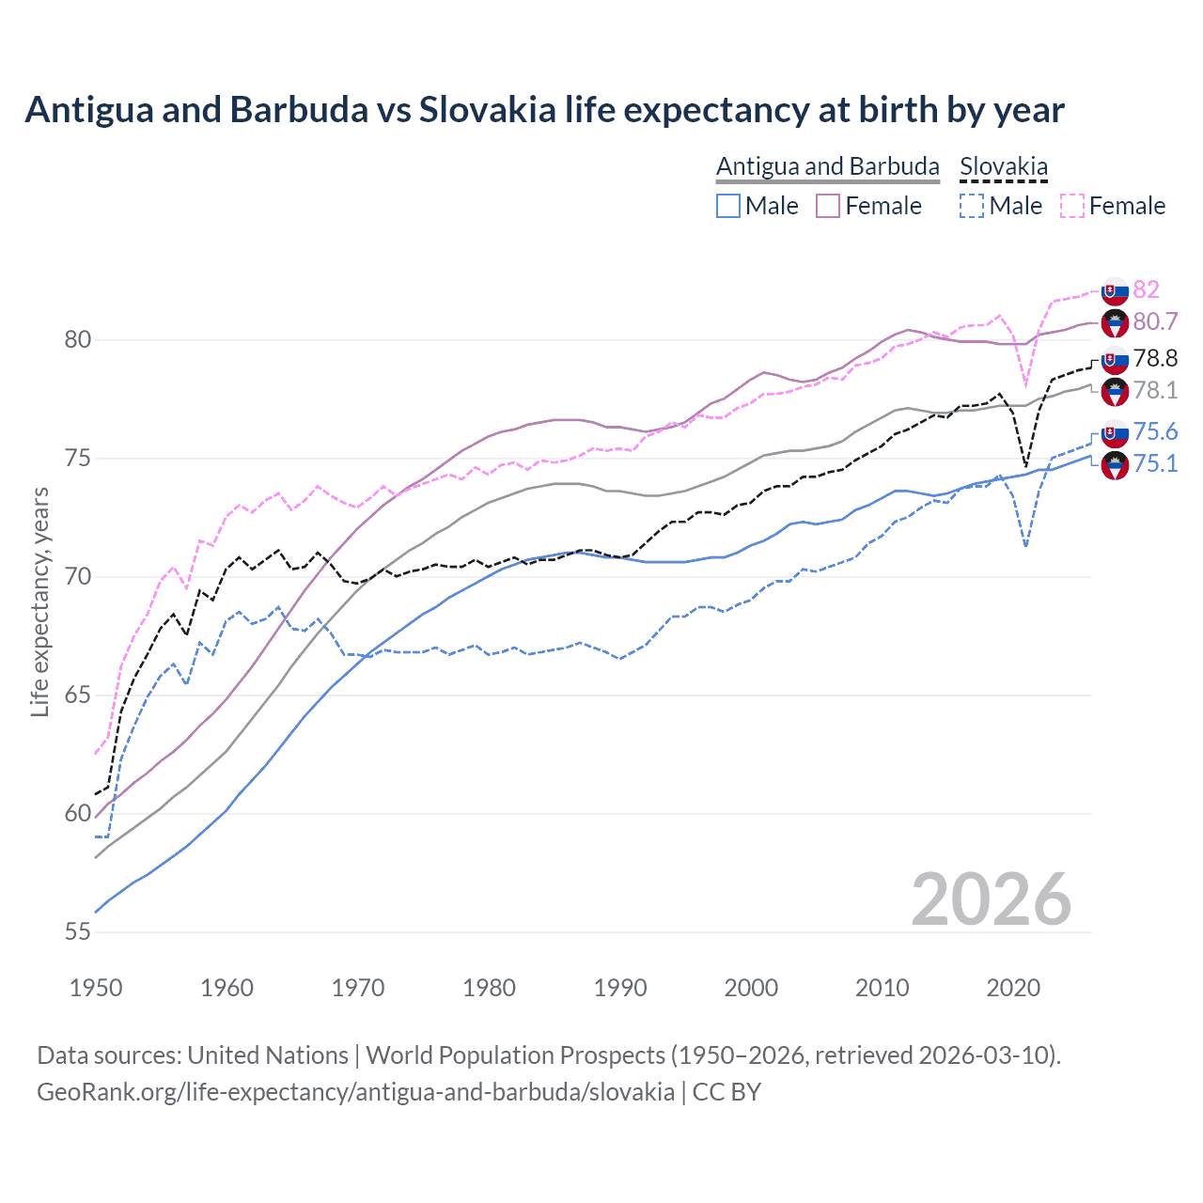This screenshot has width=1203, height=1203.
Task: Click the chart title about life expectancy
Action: pyautogui.click(x=544, y=110)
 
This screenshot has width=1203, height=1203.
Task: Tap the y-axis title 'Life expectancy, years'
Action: pyautogui.click(x=39, y=601)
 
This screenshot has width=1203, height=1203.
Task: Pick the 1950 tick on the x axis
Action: pyautogui.click(x=96, y=988)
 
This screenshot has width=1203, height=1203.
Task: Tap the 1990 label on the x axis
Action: pyautogui.click(x=620, y=988)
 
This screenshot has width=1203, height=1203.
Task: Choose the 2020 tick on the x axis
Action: pyautogui.click(x=1013, y=988)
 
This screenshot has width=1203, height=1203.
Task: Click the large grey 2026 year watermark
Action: pyautogui.click(x=991, y=899)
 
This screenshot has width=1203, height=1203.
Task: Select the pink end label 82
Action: pyautogui.click(x=1146, y=289)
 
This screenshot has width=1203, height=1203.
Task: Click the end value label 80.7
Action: pyautogui.click(x=1155, y=321)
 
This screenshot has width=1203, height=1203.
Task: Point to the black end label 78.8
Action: pyautogui.click(x=1155, y=358)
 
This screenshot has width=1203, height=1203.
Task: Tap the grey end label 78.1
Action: pyautogui.click(x=1155, y=390)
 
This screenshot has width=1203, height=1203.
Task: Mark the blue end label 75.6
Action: pyautogui.click(x=1155, y=431)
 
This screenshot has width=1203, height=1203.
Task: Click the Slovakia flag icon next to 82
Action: pyautogui.click(x=1115, y=290)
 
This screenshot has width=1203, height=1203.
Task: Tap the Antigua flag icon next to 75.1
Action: pyautogui.click(x=1115, y=465)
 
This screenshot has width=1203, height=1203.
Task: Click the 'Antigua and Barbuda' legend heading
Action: pyautogui.click(x=827, y=166)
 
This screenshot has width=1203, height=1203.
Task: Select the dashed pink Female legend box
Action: pyautogui.click(x=1072, y=206)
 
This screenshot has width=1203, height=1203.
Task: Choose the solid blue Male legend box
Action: pyautogui.click(x=728, y=206)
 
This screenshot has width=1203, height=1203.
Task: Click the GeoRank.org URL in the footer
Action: pyautogui.click(x=355, y=1092)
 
